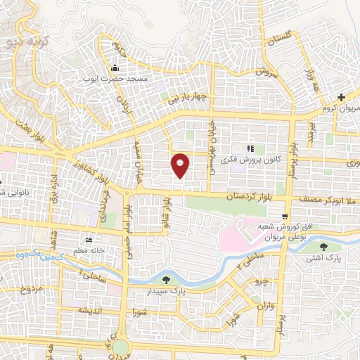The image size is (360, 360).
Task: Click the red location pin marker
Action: [181, 165]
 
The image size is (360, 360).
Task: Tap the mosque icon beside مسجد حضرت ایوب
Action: [115, 68]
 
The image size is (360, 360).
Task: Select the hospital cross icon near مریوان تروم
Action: [341, 97]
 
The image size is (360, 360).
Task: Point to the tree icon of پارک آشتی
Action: [323, 247]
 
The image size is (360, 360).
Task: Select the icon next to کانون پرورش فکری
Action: [250, 148]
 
